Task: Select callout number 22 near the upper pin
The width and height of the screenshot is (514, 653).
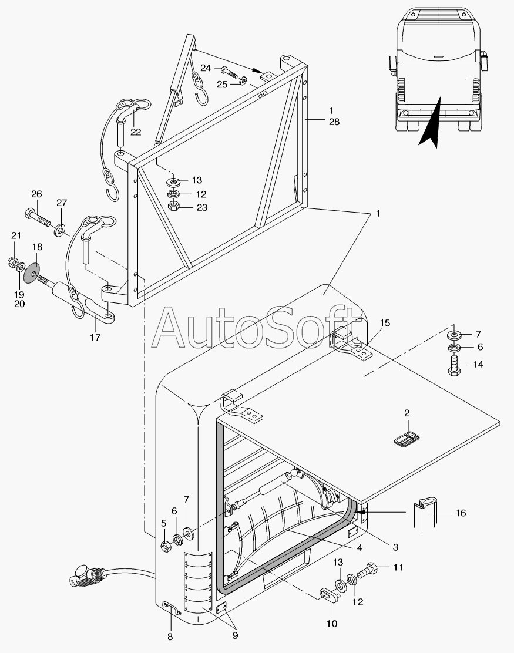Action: (x=136, y=132)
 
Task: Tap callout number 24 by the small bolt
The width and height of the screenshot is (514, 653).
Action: (x=206, y=69)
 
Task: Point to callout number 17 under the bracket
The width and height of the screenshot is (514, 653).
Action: (x=95, y=337)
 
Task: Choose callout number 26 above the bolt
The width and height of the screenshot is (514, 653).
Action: (x=36, y=194)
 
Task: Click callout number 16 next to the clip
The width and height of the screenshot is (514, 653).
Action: (x=461, y=513)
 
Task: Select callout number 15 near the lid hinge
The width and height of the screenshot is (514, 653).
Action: (x=384, y=323)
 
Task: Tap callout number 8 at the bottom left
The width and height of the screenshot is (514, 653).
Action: (x=170, y=636)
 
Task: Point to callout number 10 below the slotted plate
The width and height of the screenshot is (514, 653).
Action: (x=332, y=623)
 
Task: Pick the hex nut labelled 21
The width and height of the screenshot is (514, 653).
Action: (x=13, y=260)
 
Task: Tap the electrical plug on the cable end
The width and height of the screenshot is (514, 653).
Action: (x=81, y=576)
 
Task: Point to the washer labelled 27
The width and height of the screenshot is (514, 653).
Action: (x=61, y=227)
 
